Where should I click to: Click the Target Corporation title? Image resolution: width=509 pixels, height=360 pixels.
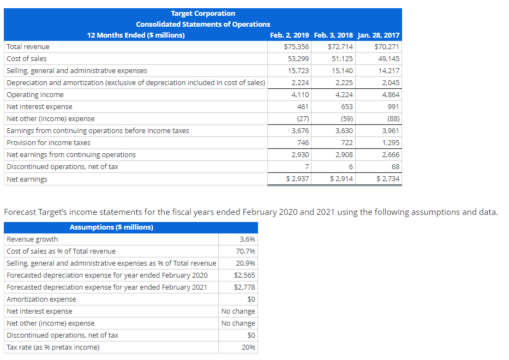click(x=203, y=13)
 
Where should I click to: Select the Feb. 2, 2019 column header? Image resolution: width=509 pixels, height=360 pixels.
click(x=290, y=35)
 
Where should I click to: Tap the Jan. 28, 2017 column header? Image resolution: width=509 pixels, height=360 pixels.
click(x=378, y=35)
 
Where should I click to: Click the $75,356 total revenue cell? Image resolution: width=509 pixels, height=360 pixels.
click(x=297, y=47)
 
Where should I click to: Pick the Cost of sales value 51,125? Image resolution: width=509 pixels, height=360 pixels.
click(x=342, y=59)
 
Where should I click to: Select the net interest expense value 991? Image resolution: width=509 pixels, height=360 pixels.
click(x=393, y=107)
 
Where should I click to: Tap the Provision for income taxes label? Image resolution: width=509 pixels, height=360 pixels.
click(x=49, y=143)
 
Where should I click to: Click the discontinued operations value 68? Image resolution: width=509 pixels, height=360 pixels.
click(x=395, y=167)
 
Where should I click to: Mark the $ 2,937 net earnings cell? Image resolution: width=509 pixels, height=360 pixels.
click(x=298, y=179)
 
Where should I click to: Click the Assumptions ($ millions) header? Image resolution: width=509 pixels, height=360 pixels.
click(x=112, y=227)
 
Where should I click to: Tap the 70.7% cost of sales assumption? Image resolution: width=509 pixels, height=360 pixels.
click(x=246, y=251)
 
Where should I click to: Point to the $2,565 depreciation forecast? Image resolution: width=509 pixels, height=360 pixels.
click(x=244, y=275)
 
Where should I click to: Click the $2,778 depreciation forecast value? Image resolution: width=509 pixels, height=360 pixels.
click(x=244, y=287)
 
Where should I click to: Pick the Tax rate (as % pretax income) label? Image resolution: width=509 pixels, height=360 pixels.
click(x=53, y=347)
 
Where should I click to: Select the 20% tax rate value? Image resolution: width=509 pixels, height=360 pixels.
click(x=248, y=347)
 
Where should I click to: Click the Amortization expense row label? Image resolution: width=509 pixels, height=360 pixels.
click(x=41, y=299)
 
